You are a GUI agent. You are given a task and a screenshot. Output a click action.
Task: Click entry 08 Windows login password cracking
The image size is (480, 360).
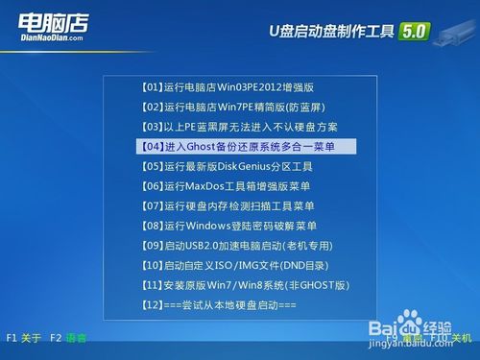tap(228, 226)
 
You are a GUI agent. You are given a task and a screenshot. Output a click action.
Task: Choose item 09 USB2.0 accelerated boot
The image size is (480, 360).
tap(236, 245)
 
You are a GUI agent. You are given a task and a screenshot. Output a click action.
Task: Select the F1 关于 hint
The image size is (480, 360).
tap(24, 338)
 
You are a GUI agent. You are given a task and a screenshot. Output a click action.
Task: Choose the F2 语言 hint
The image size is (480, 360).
tap(68, 338)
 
